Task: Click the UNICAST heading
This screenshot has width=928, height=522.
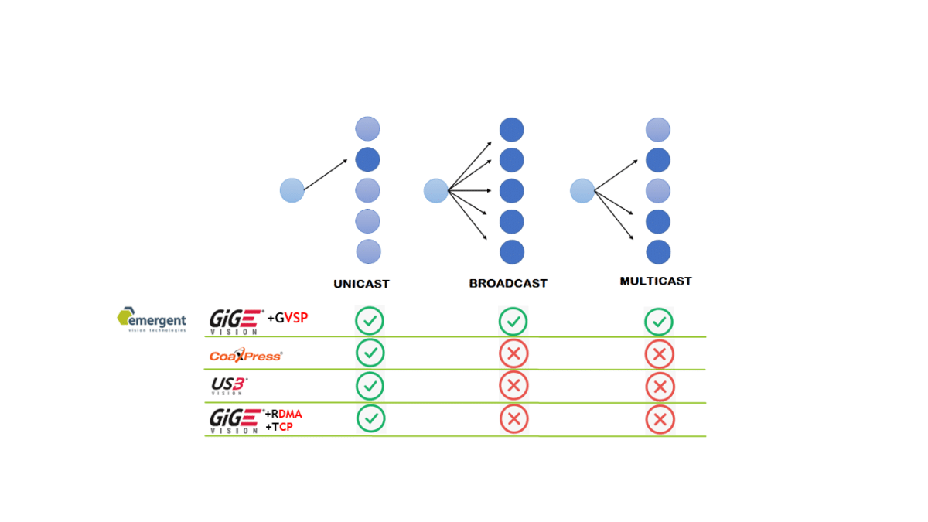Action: click(x=361, y=284)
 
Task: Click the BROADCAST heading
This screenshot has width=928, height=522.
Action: click(x=508, y=284)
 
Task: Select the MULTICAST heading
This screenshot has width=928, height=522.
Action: click(x=655, y=281)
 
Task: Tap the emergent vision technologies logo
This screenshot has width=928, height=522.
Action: click(x=152, y=319)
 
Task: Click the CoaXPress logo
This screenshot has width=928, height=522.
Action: click(x=246, y=356)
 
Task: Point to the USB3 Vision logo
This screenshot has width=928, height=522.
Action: click(x=229, y=385)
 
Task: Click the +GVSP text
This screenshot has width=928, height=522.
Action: click(x=288, y=318)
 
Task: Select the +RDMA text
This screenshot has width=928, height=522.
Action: click(x=283, y=414)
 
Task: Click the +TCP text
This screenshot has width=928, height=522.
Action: click(x=279, y=427)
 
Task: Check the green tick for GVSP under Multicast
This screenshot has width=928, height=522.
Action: click(x=659, y=322)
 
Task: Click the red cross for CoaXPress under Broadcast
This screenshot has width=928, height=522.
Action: click(x=513, y=354)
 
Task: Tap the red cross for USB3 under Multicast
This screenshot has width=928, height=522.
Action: click(x=660, y=387)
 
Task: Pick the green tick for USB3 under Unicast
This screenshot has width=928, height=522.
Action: click(x=370, y=385)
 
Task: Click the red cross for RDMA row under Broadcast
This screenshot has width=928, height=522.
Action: click(x=513, y=419)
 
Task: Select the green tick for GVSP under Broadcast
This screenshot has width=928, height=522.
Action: click(x=512, y=321)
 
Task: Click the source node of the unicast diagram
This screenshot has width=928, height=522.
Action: click(x=292, y=190)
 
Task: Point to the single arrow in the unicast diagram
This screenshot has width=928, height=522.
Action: click(x=325, y=175)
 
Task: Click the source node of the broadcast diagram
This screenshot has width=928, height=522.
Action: click(x=436, y=190)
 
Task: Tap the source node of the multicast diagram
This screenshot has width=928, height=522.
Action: click(x=582, y=190)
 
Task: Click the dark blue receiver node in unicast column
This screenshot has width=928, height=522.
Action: click(x=368, y=160)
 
